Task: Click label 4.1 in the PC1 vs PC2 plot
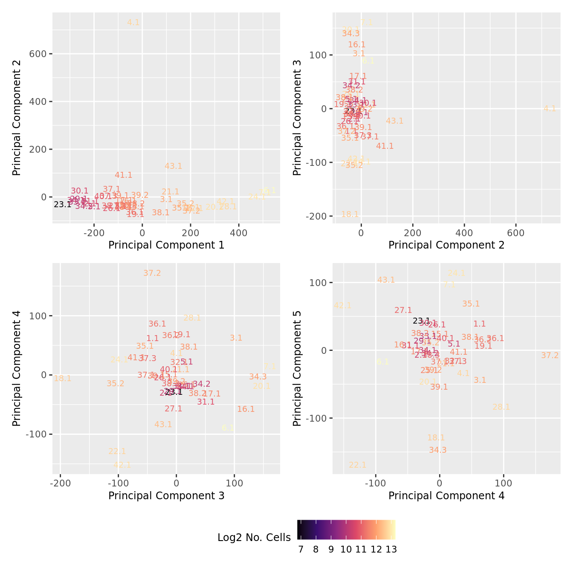pos(133,23)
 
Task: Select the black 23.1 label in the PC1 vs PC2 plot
pos(63,205)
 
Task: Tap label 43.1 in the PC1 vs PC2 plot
pos(174,166)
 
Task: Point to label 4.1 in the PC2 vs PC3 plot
pos(550,109)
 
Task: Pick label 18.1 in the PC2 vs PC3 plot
pos(350,214)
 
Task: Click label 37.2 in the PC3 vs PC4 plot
pos(152,273)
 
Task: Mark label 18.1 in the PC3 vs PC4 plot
pos(63,379)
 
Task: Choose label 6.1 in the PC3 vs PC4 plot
pos(228,428)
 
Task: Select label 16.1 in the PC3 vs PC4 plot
pos(246,409)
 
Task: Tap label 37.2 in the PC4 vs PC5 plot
pos(550,356)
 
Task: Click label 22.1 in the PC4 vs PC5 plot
pos(358,465)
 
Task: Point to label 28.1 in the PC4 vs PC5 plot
pos(501,407)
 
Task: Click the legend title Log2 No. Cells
pos(254,538)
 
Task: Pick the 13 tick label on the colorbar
pos(391,550)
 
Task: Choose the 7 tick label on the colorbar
pos(301,550)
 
